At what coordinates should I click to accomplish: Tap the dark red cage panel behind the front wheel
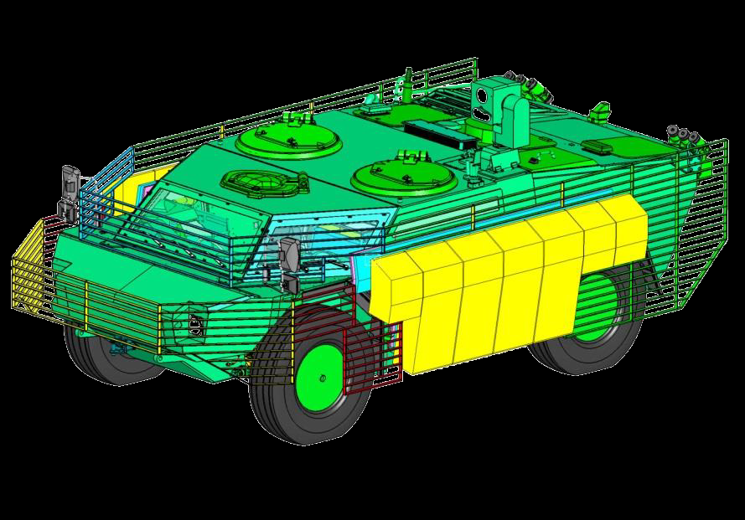click(x=369, y=352)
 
